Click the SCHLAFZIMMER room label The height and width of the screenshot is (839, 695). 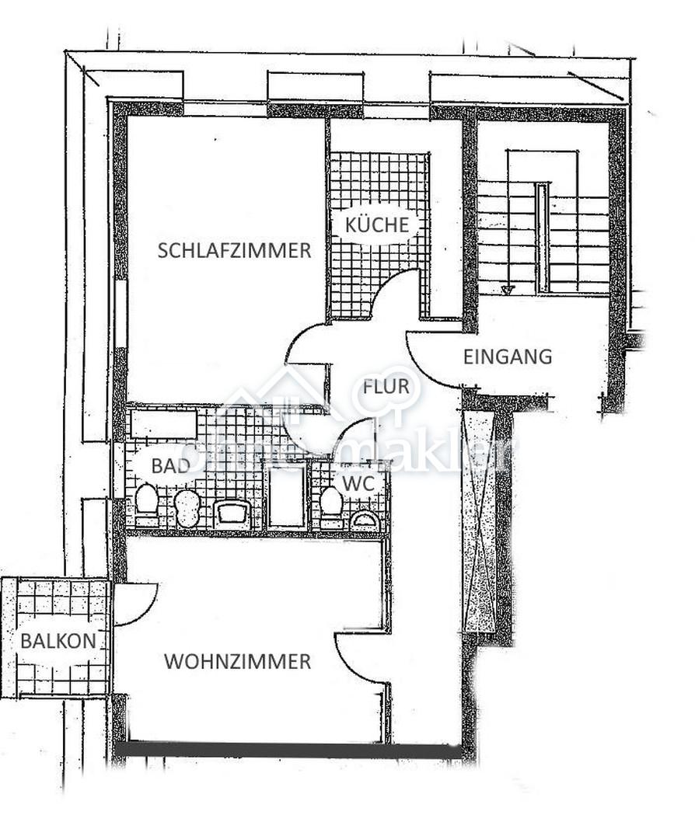point(234,250)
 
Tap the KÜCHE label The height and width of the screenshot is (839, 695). point(377,225)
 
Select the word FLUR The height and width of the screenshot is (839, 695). point(386,386)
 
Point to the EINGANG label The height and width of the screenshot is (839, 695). point(508,357)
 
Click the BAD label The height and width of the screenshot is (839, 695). point(171,465)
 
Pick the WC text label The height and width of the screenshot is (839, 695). point(358,484)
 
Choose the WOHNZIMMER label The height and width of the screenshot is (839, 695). point(238,662)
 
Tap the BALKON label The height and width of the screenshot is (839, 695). point(58,640)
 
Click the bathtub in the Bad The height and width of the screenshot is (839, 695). point(164,424)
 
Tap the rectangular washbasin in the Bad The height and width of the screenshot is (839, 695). point(232,514)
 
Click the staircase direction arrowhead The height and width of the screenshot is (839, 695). point(507,290)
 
